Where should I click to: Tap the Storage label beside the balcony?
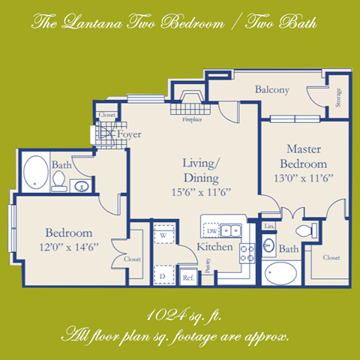[339, 98]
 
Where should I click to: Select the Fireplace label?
[193, 118]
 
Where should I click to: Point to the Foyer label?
[129, 135]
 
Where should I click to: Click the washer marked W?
[163, 235]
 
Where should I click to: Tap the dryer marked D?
[163, 274]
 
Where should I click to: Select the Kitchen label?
[214, 247]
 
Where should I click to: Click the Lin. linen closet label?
[270, 226]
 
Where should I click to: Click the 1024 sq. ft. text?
[180, 314]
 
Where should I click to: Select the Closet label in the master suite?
[330, 258]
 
